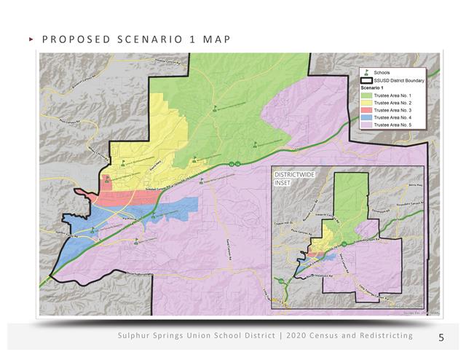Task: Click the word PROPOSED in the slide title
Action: pyautogui.click(x=69, y=38)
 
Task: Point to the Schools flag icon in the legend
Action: pyautogui.click(x=368, y=73)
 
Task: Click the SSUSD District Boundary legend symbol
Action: pyautogui.click(x=367, y=80)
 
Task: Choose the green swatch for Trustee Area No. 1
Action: pyautogui.click(x=367, y=95)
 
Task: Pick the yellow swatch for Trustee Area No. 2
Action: pyautogui.click(x=367, y=103)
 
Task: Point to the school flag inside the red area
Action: pyautogui.click(x=108, y=177)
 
